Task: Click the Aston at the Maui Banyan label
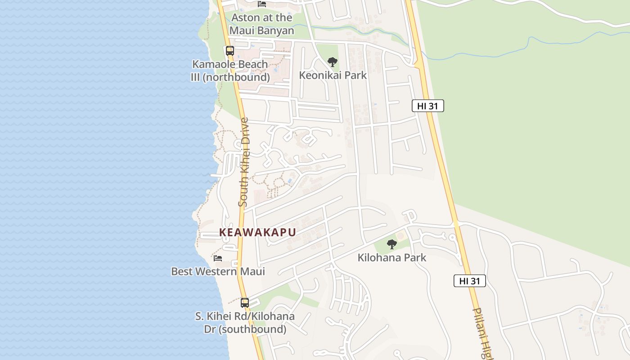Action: (261, 24)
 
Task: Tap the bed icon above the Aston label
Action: (261, 4)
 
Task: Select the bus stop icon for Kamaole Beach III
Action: (230, 51)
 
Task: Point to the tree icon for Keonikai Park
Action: (333, 62)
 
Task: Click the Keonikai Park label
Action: (333, 75)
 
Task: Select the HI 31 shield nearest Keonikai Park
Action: (427, 106)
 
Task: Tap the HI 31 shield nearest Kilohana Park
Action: (469, 281)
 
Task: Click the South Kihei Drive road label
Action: (243, 162)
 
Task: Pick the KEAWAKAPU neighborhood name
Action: (257, 232)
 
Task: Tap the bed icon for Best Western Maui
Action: (218, 258)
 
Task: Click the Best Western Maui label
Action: (218, 271)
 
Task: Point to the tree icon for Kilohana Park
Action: (392, 244)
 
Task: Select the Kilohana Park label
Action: (392, 258)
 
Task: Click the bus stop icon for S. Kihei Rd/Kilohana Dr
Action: (244, 303)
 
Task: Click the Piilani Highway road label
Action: (482, 333)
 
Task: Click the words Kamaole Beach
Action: (230, 64)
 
